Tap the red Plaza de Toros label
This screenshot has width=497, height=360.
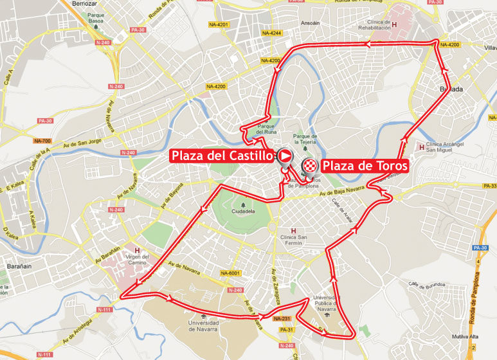pyautogui.click(x=365, y=166)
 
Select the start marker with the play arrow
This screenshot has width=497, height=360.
pyautogui.click(x=284, y=156)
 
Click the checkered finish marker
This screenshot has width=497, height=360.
pyautogui.click(x=310, y=166)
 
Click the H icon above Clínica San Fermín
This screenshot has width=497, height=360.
pyautogui.click(x=294, y=231)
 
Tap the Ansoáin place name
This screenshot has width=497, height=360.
pyautogui.click(x=311, y=24)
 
